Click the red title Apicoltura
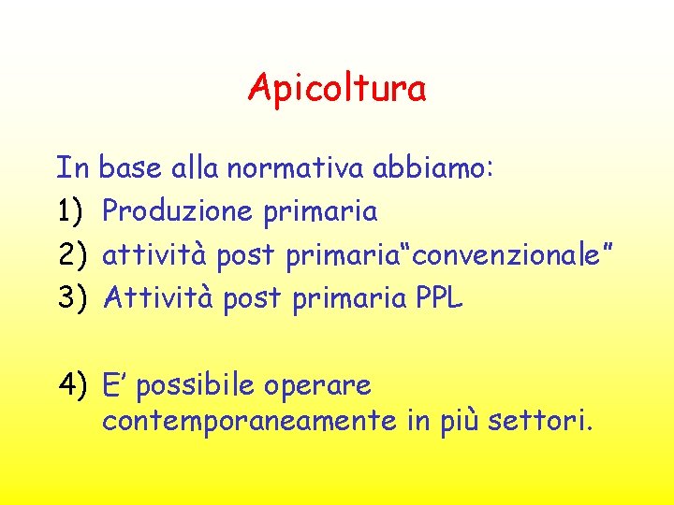pos(337,89)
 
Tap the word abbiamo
pos(439,168)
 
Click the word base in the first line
pos(130,168)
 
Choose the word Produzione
pos(178,211)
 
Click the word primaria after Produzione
pos(319,213)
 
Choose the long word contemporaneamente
pos(249,423)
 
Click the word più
pos(457,423)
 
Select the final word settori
pos(539,421)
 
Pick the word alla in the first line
pos(196,168)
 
